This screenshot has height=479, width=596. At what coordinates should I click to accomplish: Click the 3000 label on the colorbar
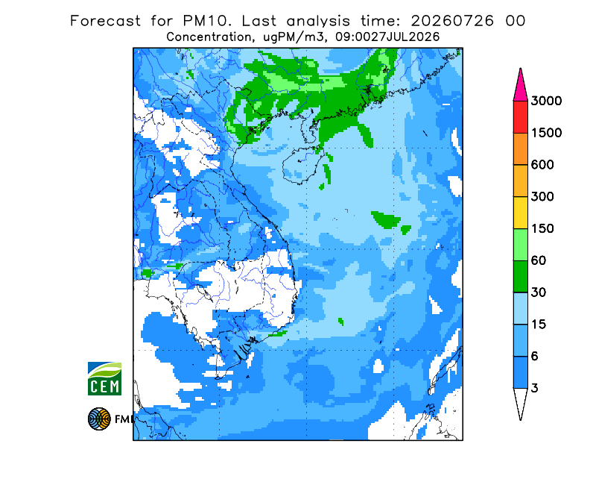click(546, 101)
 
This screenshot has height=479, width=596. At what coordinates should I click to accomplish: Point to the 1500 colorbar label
click(546, 133)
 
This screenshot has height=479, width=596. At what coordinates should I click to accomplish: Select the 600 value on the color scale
click(542, 165)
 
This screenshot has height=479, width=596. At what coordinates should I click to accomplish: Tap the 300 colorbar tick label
click(542, 197)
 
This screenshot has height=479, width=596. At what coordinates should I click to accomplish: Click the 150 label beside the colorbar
click(542, 229)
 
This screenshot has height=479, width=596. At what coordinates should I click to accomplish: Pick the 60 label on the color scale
click(539, 261)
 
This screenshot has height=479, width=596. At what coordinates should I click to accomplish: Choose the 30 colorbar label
click(539, 292)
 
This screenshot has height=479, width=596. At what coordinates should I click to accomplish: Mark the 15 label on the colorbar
click(539, 325)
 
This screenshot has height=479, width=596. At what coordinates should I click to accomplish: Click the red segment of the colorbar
click(520, 117)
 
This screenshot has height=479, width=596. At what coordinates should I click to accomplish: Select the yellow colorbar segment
click(520, 213)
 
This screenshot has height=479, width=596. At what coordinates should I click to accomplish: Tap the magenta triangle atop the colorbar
click(520, 86)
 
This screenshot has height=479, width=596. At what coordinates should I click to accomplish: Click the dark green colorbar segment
click(520, 277)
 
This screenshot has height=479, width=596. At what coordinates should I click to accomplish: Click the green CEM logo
click(104, 378)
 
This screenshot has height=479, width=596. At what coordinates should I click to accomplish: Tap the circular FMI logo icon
click(99, 419)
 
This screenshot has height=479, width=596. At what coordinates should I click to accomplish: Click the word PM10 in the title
click(207, 21)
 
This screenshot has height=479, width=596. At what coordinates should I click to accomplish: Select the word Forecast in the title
click(105, 21)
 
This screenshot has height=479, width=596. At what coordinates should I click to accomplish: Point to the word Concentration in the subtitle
click(209, 37)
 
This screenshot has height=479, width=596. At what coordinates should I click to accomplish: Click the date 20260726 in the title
click(452, 21)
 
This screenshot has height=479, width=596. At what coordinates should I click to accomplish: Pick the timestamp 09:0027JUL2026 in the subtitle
click(387, 37)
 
